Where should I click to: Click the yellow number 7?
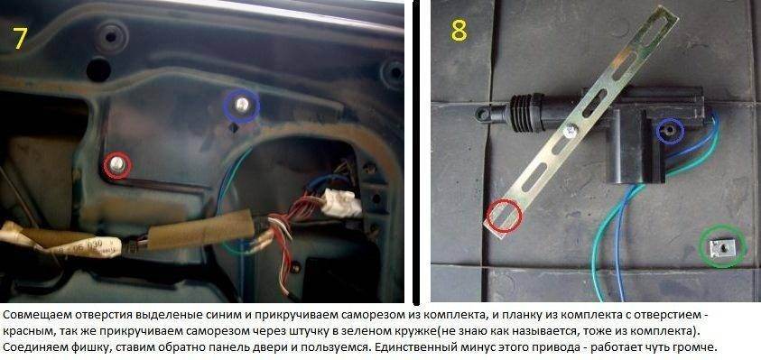[x=19, y=39]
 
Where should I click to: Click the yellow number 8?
[x=459, y=30]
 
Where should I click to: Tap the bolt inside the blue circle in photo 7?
[x=241, y=105]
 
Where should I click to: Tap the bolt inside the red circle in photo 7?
[x=116, y=164]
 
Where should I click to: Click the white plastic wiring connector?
[x=342, y=202]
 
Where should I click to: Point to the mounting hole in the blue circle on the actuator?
[x=670, y=131]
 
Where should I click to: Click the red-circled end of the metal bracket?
[x=504, y=217]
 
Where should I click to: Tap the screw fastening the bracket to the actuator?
[x=569, y=130]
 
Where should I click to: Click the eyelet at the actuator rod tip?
[x=483, y=114]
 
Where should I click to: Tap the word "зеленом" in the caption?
[x=383, y=332]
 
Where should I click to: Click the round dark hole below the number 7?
[x=98, y=69]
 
